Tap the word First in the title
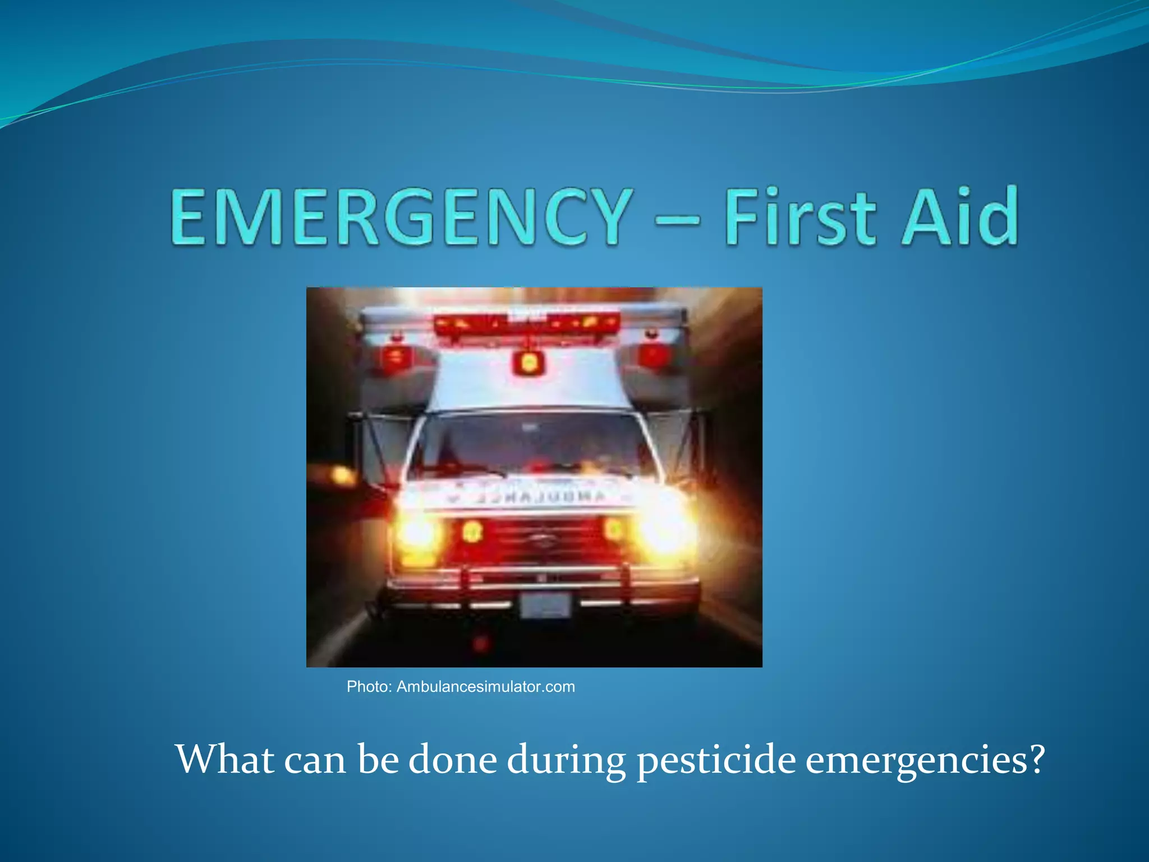coord(799,217)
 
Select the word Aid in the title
coord(959,217)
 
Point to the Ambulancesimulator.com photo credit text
coord(485,687)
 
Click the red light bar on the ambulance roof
coord(527,324)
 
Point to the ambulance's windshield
coord(530,443)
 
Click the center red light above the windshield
coord(528,363)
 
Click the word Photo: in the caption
coord(369,687)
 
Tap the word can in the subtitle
coord(315,760)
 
